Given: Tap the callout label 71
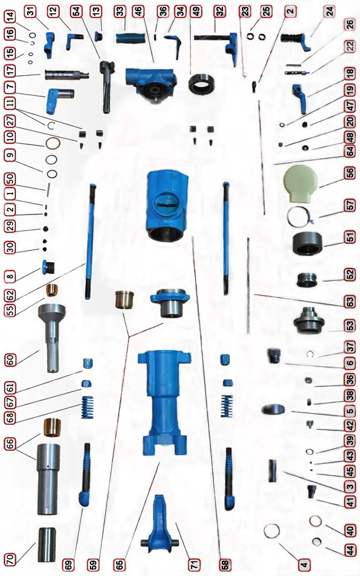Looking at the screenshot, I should click(194, 564).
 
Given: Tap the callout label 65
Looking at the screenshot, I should click(120, 564).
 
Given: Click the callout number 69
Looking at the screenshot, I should click(69, 564).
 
